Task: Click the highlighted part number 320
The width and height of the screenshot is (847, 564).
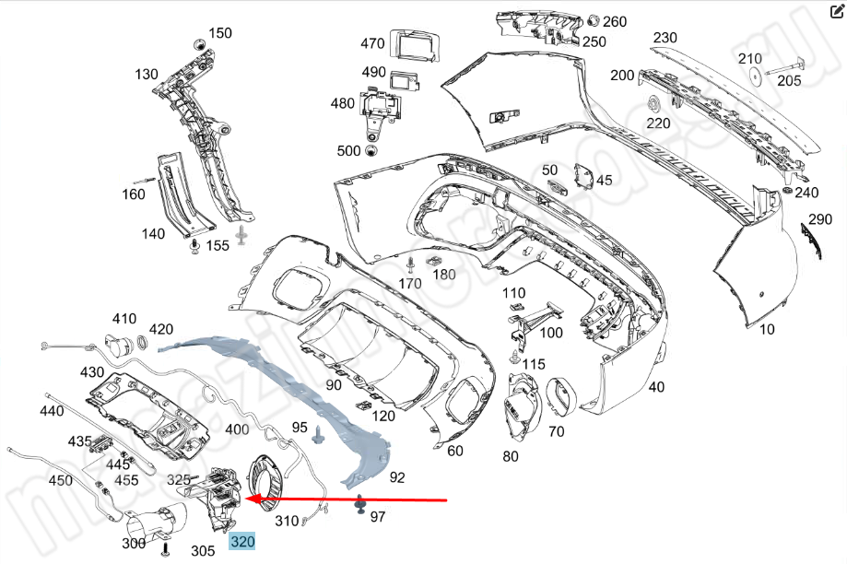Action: click(242, 542)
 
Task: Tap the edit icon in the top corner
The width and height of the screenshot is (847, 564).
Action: click(837, 12)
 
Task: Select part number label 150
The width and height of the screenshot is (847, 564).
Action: click(220, 33)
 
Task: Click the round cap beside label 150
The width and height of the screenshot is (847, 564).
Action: click(196, 44)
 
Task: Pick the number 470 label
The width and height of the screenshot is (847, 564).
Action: click(372, 43)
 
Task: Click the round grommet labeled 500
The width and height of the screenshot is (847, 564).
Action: click(371, 151)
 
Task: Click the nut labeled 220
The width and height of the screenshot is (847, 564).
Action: click(653, 102)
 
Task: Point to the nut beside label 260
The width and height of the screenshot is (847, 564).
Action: click(593, 20)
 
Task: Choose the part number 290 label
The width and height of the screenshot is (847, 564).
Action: click(820, 220)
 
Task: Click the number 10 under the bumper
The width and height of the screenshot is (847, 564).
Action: click(767, 329)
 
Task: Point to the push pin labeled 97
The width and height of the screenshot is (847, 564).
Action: click(359, 505)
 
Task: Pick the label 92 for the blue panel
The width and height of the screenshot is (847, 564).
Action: click(397, 476)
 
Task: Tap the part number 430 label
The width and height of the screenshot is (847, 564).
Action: click(92, 372)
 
